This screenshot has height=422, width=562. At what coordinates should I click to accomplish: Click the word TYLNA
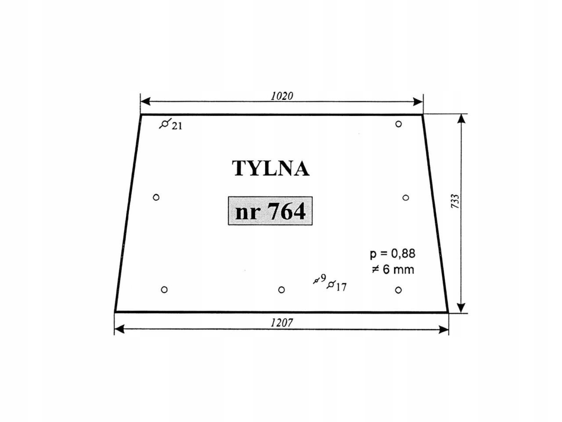coord(270,168)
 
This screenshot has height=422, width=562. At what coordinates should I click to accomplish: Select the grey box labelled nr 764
coord(270,211)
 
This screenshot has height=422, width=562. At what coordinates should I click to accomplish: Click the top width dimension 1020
coord(281,96)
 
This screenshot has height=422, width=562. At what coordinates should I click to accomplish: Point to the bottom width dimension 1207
coord(281,323)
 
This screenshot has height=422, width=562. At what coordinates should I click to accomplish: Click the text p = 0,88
coord(392,254)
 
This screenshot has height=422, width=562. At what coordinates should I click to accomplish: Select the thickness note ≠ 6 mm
coord(393,269)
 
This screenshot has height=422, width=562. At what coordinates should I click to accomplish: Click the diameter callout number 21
coord(177,126)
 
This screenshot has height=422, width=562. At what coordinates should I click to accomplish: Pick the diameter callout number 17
coord(341,287)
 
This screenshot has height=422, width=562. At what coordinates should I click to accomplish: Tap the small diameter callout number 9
coord(323,278)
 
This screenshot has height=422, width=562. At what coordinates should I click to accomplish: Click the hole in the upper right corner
coord(398,124)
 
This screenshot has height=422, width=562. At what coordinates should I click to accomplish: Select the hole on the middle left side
coord(156,197)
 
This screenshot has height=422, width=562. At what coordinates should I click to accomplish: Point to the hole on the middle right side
coord(406,198)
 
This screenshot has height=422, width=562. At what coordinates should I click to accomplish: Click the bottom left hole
coord(164,290)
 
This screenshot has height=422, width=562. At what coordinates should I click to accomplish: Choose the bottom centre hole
coord(281,290)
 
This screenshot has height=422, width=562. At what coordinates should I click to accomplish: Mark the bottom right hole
coord(398,290)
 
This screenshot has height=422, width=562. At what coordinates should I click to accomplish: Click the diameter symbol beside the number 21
coord(164,124)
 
